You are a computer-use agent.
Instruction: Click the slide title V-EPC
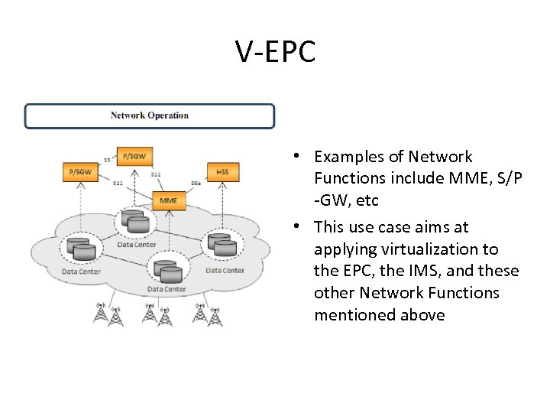coord(275,52)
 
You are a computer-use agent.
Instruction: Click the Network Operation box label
coord(150,115)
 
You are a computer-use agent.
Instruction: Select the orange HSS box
coord(222,172)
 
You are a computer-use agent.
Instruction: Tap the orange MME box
coord(168,201)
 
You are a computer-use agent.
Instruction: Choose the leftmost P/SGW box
coord(80,172)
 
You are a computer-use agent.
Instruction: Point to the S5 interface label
coord(107,159)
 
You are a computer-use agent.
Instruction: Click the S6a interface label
coord(196,184)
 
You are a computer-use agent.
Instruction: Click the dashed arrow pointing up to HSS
coord(222,203)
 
